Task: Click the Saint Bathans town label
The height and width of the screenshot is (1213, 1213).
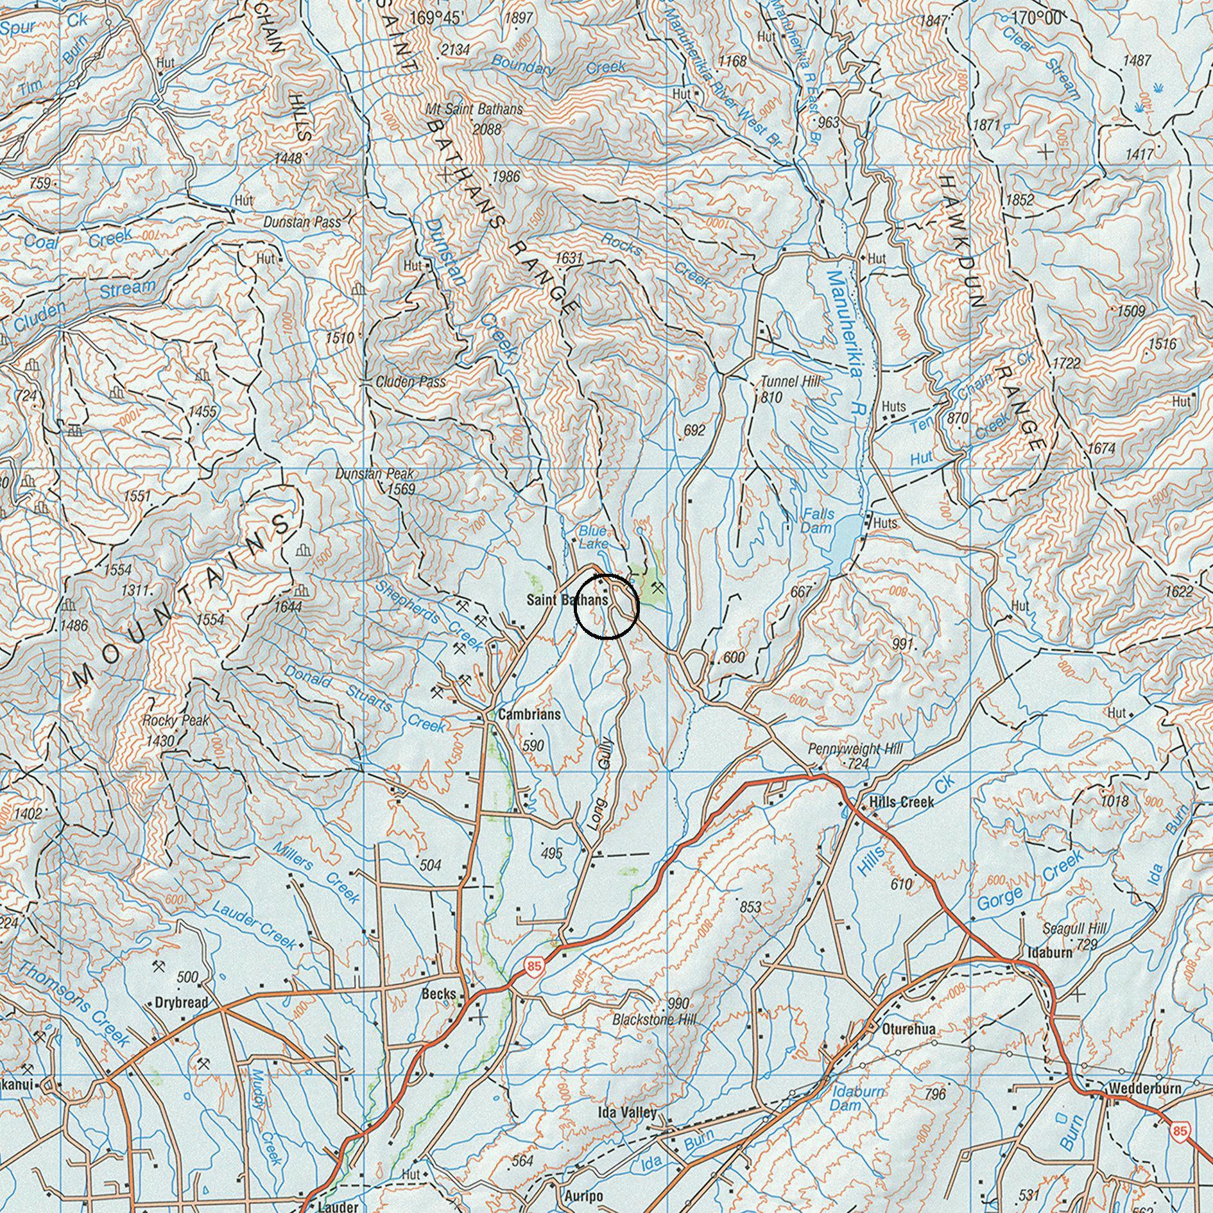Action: [567, 601]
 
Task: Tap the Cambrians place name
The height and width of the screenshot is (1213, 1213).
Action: [529, 714]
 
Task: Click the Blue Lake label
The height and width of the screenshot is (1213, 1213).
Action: [592, 537]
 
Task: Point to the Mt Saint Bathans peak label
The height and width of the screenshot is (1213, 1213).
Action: [474, 109]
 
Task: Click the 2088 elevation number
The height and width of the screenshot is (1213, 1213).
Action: [486, 129]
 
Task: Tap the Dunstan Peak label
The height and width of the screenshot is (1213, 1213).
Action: [375, 474]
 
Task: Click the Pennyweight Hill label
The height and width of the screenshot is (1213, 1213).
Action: [855, 749]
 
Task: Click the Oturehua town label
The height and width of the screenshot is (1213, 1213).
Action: [909, 1029]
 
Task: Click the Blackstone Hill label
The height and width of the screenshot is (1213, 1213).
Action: [654, 1019]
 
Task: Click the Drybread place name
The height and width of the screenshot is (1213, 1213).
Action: [182, 1002]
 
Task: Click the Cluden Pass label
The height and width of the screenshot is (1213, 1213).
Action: [411, 382]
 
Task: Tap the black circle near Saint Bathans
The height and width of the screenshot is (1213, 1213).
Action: [606, 606]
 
